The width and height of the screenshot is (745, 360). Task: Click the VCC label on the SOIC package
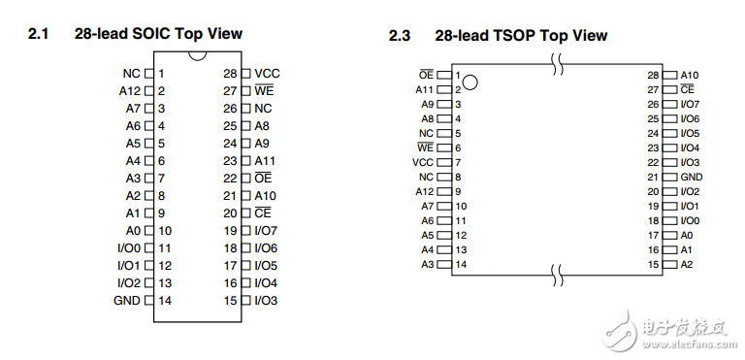(x=267, y=74)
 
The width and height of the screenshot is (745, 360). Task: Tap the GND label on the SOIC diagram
(x=127, y=301)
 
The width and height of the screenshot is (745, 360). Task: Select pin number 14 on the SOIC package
(x=165, y=301)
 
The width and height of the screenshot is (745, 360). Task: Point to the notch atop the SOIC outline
(x=197, y=56)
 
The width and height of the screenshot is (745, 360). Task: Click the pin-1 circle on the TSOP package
(x=470, y=82)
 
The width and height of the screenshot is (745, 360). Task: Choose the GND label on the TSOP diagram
(x=692, y=177)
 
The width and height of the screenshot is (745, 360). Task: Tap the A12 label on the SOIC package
(x=130, y=91)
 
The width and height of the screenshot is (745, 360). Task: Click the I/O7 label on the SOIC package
(x=266, y=231)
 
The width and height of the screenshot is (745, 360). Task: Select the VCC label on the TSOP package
(x=423, y=163)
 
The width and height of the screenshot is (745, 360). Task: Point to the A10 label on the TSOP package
(x=690, y=75)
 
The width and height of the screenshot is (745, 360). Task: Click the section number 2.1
(x=39, y=34)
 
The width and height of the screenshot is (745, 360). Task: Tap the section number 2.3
(x=400, y=36)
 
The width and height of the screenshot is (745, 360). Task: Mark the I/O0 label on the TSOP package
(x=690, y=220)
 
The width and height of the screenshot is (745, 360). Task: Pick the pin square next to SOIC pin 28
(x=245, y=74)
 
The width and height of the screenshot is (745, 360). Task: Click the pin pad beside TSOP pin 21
(x=669, y=177)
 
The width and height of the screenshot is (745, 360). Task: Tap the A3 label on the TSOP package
(x=428, y=264)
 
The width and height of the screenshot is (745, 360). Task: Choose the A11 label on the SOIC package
(x=265, y=161)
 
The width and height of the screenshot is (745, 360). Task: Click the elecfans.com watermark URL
(x=690, y=344)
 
